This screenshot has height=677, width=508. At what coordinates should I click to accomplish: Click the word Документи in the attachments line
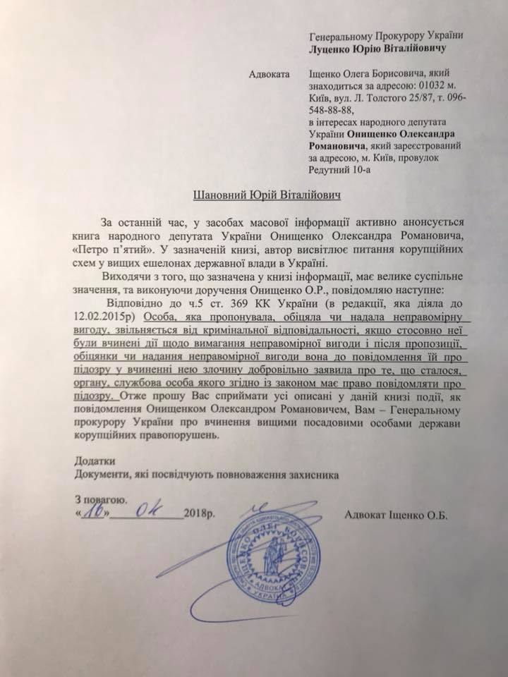102,474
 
